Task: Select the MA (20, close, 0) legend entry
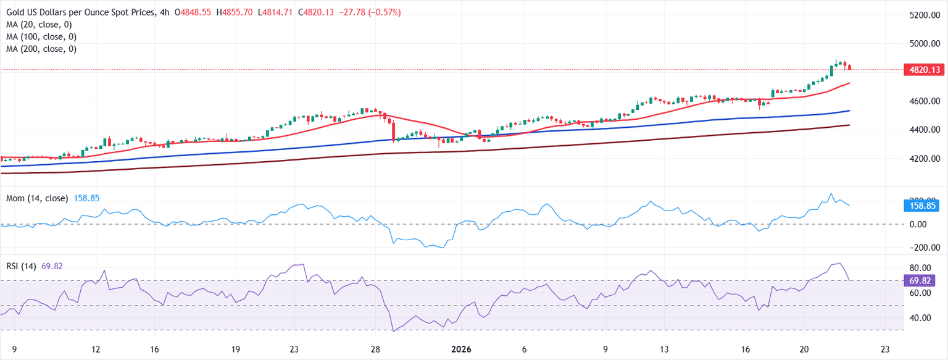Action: (x=41, y=24)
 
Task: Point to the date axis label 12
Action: (x=96, y=349)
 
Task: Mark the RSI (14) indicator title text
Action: (x=21, y=266)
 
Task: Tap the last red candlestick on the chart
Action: (x=850, y=67)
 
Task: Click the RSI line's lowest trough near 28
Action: (x=393, y=331)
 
